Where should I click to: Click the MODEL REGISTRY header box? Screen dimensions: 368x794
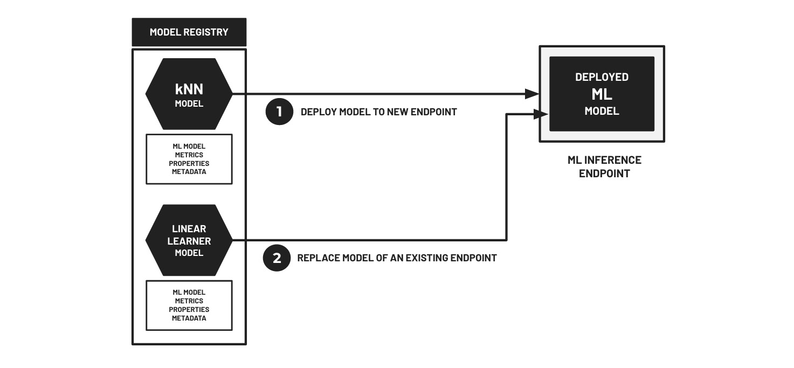[x=189, y=32]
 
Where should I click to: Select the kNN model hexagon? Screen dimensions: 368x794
[x=189, y=94]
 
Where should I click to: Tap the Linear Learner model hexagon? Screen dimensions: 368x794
[x=189, y=240]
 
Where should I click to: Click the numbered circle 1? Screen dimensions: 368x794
[x=279, y=112]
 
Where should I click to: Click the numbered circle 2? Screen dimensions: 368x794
[x=277, y=258]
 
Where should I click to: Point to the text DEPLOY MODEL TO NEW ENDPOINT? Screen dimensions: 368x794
[x=378, y=112]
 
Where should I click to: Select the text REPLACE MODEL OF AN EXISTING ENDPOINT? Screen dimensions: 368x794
[x=397, y=258]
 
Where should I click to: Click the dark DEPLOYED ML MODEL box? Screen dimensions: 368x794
[x=602, y=94]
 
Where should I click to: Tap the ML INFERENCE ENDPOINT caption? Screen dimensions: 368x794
[x=604, y=167]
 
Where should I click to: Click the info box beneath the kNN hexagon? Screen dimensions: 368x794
[x=189, y=159]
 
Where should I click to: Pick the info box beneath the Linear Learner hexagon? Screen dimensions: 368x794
[x=189, y=305]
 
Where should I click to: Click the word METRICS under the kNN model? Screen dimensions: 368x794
[x=189, y=155]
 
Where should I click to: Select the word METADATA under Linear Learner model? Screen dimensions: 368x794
[x=189, y=318]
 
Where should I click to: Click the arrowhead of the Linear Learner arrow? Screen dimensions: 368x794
[x=541, y=114]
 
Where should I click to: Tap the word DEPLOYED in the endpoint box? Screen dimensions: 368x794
[x=602, y=77]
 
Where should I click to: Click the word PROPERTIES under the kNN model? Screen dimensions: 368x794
[x=189, y=163]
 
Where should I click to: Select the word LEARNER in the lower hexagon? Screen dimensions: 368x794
[x=189, y=241]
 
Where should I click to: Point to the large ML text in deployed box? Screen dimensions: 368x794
[x=602, y=94]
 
